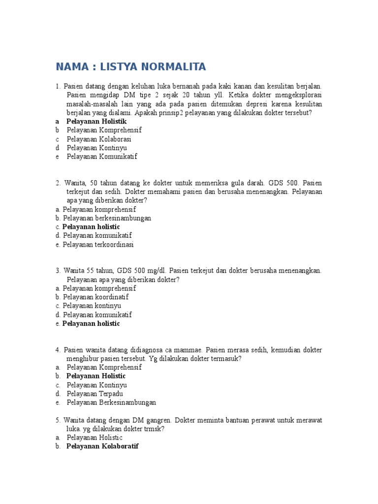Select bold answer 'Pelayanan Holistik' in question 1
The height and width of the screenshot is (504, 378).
pos(96,121)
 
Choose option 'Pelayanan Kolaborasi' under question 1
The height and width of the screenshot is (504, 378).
pos(99,139)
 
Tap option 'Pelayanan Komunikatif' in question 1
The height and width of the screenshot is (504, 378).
pos(102,157)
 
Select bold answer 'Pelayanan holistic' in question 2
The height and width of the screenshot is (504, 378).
pos(91,227)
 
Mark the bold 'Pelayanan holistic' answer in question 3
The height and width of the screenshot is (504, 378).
pos(91,324)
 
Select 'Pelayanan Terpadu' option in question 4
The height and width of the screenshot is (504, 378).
pos(95,394)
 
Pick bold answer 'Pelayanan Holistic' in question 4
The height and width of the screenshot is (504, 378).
pos(96,376)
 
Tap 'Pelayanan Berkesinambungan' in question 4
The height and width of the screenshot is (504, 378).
pos(111,403)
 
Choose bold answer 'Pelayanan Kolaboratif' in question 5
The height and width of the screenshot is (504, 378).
pos(102,446)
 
